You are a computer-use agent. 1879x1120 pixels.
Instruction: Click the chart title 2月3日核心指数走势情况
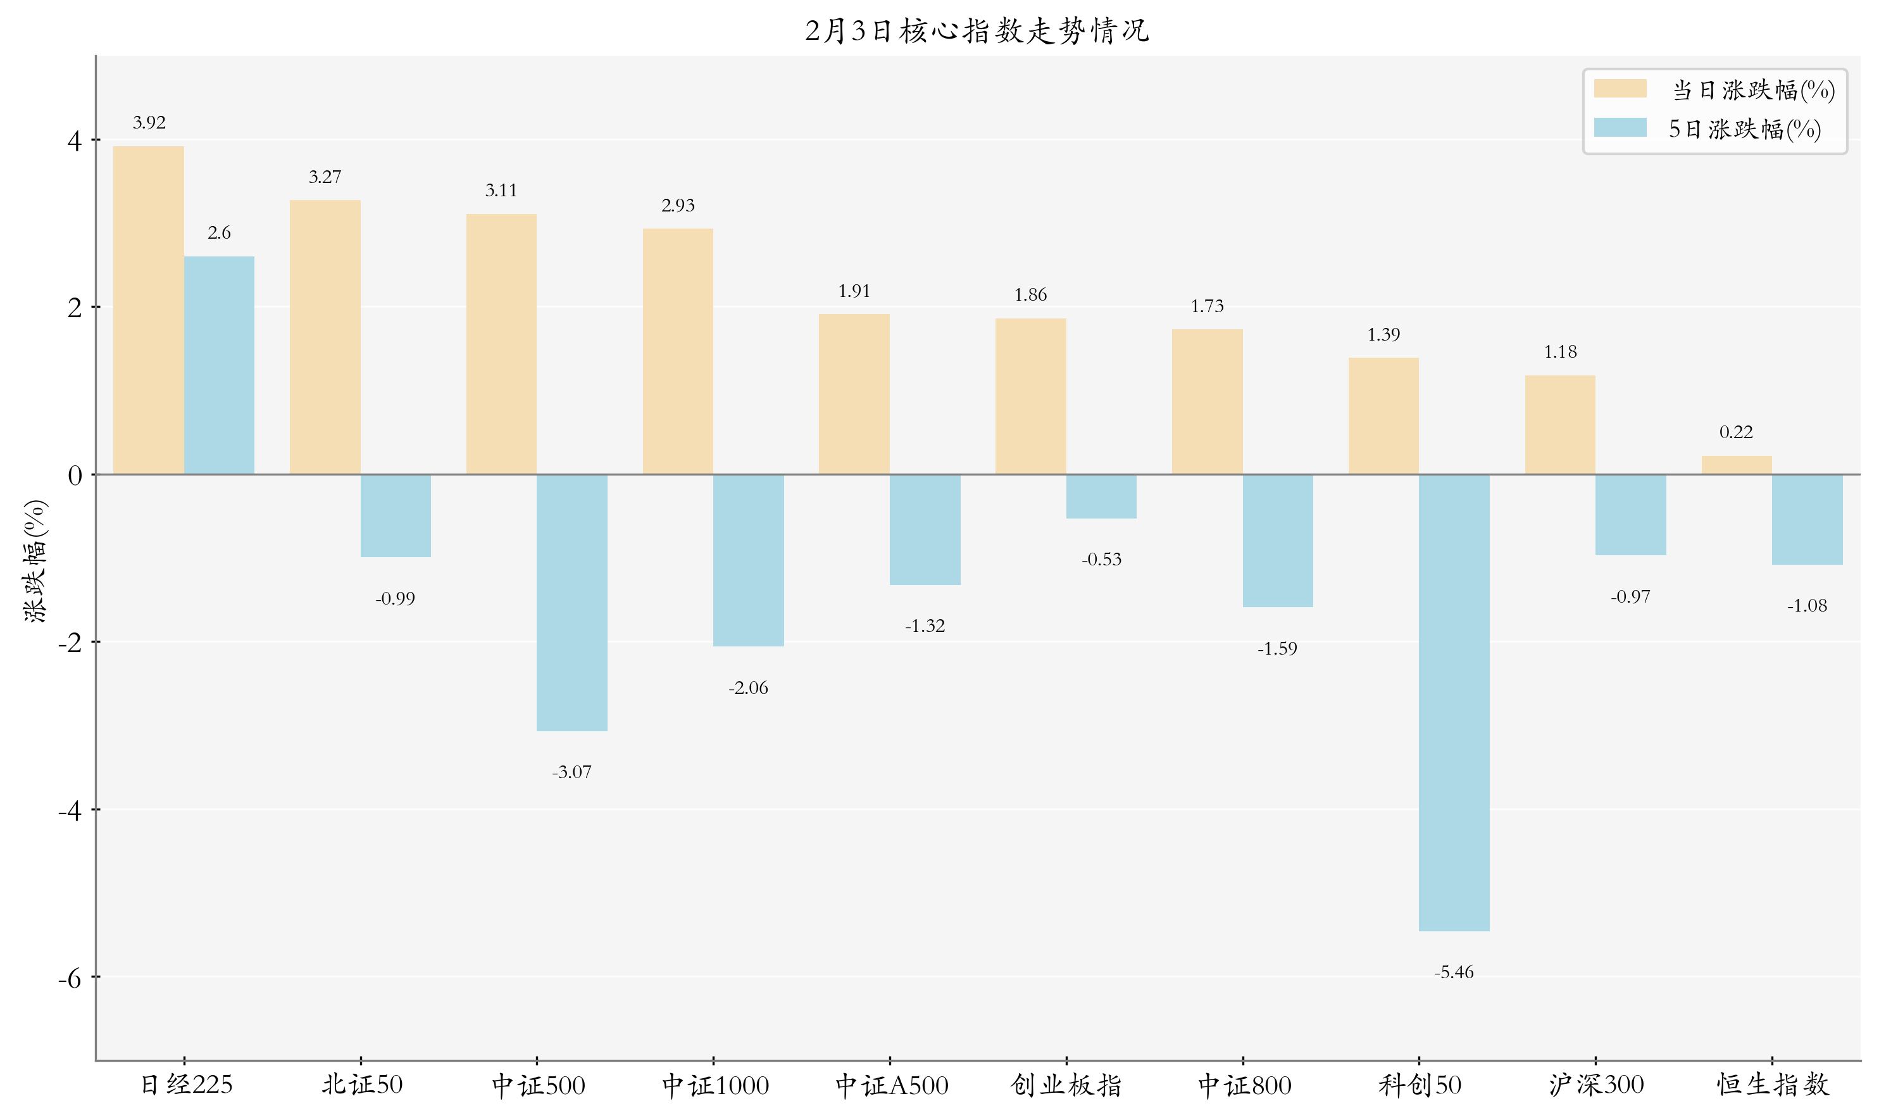point(977,31)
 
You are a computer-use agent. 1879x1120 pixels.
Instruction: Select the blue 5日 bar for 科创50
point(1454,702)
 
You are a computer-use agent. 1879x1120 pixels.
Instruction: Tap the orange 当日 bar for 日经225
point(149,310)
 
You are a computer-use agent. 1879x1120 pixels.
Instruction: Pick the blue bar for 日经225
point(219,365)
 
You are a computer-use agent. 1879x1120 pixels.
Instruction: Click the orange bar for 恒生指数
point(1736,465)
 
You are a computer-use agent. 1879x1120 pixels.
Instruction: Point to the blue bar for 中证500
point(571,602)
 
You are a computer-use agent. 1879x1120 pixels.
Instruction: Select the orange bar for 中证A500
point(854,394)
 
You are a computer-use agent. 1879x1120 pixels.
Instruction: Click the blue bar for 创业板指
point(1101,496)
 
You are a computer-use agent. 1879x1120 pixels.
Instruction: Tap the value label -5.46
point(1454,972)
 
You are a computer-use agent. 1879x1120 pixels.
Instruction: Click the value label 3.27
point(325,177)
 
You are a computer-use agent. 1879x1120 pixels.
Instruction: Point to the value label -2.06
point(747,688)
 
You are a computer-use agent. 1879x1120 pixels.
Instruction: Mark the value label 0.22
point(1736,432)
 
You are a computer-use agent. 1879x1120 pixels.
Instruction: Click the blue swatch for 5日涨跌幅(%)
point(1620,127)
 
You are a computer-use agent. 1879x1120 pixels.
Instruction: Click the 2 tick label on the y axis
point(74,308)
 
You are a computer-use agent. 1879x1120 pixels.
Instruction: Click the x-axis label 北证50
point(361,1085)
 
